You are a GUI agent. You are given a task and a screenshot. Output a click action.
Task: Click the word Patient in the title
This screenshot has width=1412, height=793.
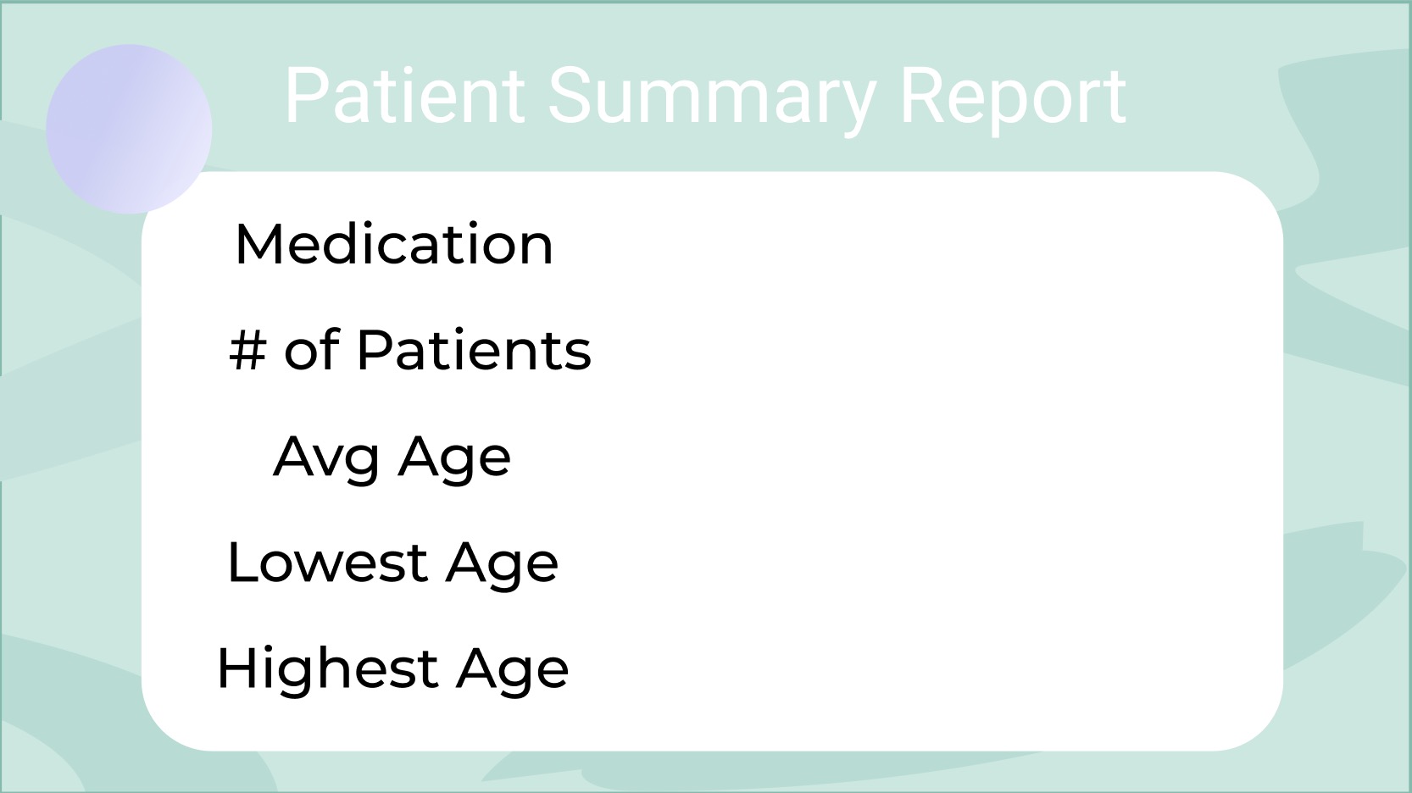pos(404,95)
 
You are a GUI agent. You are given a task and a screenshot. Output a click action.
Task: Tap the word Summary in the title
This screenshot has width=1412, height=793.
pos(712,101)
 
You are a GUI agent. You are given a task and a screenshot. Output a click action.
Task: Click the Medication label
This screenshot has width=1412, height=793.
pos(394,245)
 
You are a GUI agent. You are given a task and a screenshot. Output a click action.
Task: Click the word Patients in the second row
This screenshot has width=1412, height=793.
pos(474,350)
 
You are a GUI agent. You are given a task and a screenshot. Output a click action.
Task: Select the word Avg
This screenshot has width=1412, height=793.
pos(326,459)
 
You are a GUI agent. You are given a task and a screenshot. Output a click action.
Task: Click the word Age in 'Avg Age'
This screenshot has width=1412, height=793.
pos(454,459)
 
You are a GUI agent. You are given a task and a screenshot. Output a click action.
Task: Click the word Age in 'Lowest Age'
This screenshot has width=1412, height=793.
pos(502,565)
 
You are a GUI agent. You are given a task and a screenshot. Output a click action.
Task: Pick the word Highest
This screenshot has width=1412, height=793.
pos(327,668)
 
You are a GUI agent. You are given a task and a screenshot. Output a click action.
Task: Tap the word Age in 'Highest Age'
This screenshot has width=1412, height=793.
pos(513,671)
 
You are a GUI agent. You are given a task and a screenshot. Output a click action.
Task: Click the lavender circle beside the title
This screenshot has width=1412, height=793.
pos(129,130)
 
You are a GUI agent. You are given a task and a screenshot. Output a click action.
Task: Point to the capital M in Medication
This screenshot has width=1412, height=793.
pos(257,245)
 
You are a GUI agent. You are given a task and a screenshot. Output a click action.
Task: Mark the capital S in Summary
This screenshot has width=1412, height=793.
pos(570,95)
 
